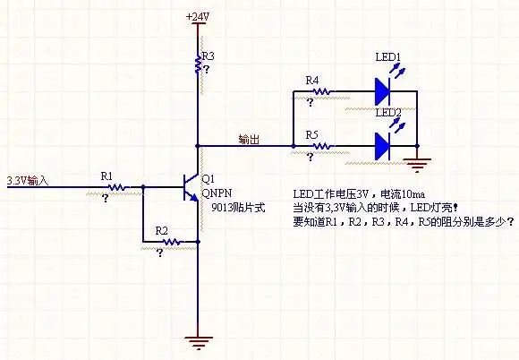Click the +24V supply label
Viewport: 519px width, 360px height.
198,17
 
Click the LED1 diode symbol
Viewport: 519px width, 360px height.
384,90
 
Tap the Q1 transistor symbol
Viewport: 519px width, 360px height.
191,187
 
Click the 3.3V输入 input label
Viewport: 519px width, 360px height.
27,181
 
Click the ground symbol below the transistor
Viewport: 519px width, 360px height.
197,340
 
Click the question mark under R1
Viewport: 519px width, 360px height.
106,199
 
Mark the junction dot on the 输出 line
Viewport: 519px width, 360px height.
197,145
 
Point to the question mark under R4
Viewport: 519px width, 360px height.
311,103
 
